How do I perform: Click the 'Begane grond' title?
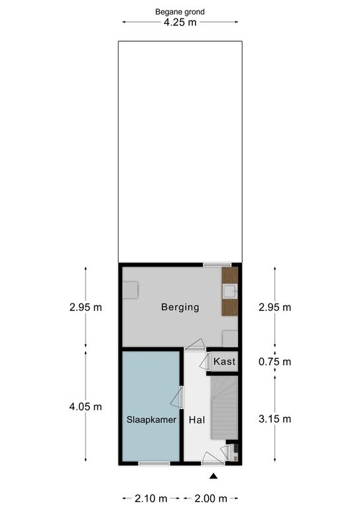[180, 12]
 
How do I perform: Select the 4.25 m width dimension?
[180, 22]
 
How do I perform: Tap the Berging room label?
[180, 307]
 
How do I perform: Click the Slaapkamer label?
[151, 420]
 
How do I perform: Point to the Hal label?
[197, 420]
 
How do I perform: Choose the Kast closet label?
[224, 361]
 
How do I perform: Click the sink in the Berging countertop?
[230, 291]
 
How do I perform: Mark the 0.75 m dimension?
[274, 362]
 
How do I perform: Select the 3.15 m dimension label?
[274, 419]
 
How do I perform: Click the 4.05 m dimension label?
[86, 407]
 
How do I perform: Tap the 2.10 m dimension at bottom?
[151, 498]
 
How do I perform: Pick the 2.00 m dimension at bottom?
[211, 498]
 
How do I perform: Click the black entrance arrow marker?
[213, 476]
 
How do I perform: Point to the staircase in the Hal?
[224, 408]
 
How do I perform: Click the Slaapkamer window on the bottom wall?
[154, 463]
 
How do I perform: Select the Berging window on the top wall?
[217, 264]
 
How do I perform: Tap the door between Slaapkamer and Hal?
[178, 397]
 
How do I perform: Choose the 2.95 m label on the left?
[86, 307]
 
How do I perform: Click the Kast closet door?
[204, 361]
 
